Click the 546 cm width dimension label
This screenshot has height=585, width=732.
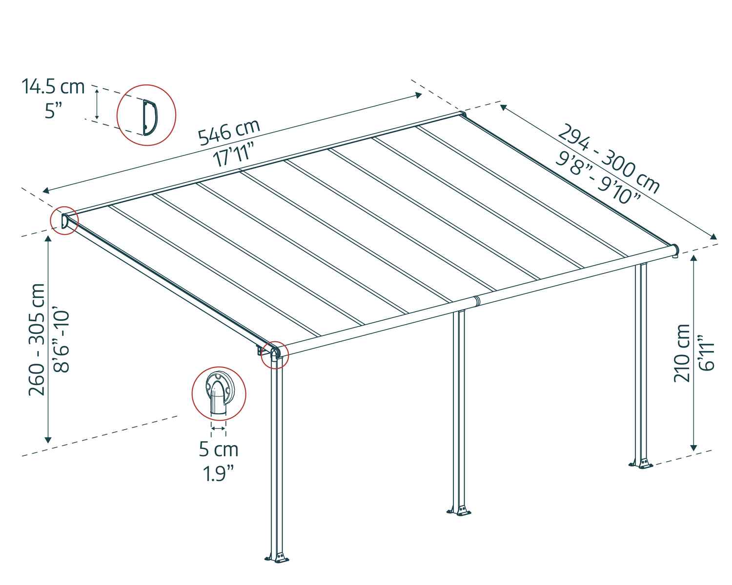(x=229, y=132)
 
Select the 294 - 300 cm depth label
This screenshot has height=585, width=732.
(x=609, y=159)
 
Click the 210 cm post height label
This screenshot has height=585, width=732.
(x=682, y=353)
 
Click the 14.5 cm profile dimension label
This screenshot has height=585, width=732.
(x=53, y=87)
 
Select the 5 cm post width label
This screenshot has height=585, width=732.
(x=218, y=449)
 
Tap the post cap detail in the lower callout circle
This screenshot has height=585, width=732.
(x=218, y=393)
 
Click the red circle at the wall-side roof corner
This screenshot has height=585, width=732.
(x=64, y=221)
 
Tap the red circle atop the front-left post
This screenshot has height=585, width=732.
(x=275, y=354)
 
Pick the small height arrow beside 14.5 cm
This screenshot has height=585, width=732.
(x=97, y=104)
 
